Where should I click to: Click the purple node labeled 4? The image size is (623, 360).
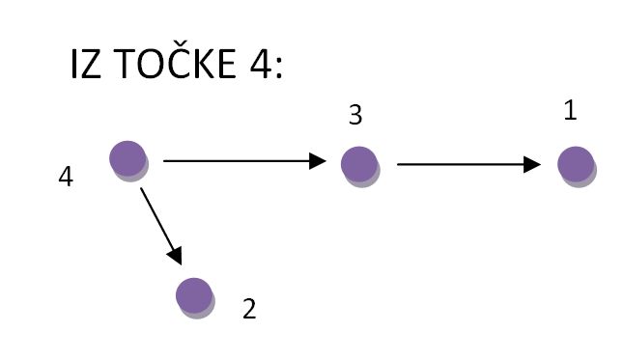point(127,157)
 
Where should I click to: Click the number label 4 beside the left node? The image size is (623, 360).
point(66,178)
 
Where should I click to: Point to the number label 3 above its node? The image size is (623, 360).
point(354,116)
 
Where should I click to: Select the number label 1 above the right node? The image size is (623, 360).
point(570,111)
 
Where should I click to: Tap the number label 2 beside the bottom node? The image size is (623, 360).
point(249,310)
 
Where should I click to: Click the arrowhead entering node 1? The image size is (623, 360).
point(532,165)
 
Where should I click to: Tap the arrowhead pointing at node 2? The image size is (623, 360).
point(176,256)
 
